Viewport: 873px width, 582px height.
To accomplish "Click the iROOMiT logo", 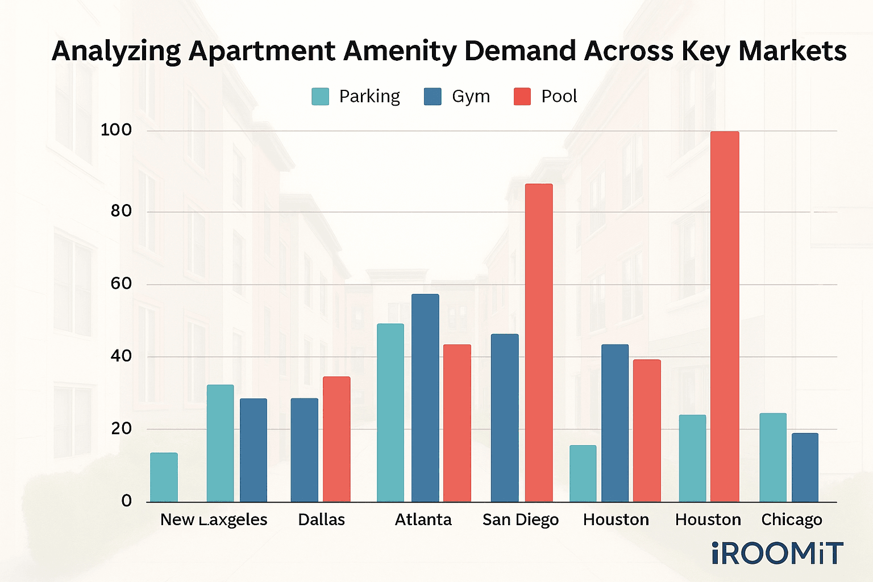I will click(x=777, y=554).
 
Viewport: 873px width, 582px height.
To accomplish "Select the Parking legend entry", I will click(x=356, y=97).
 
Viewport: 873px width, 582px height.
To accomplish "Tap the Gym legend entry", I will click(x=457, y=97).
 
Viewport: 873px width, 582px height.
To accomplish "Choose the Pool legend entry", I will click(x=545, y=97).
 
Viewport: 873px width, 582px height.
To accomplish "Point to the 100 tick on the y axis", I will click(x=116, y=130).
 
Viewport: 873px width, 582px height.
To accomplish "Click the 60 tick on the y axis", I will click(x=121, y=284).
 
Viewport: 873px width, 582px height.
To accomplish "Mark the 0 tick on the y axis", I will click(x=126, y=501).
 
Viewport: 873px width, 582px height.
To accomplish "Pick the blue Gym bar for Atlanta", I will click(x=425, y=398).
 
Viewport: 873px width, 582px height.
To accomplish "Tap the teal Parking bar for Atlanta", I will click(x=390, y=413).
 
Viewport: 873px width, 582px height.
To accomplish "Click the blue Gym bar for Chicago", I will click(x=805, y=467).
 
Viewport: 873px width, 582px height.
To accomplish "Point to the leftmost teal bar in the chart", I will click(x=164, y=477).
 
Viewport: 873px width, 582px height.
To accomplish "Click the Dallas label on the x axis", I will click(x=321, y=519).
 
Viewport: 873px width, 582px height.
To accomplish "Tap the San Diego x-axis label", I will click(x=520, y=519).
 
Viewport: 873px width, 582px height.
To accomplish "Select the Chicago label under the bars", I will click(x=791, y=519).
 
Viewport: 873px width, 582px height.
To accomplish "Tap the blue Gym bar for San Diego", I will click(x=505, y=418).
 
